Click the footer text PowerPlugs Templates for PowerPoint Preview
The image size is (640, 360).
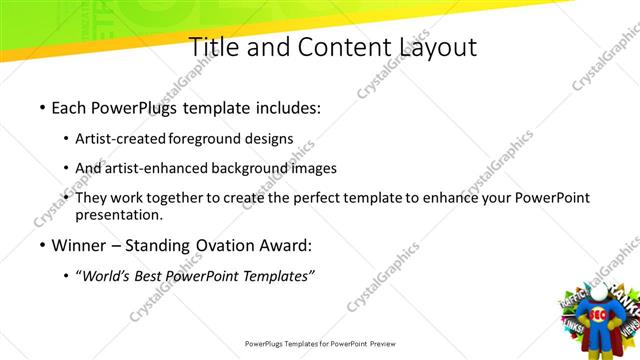(x=320, y=343)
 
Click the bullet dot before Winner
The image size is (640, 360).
(x=42, y=245)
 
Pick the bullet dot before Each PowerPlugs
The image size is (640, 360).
(x=42, y=106)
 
